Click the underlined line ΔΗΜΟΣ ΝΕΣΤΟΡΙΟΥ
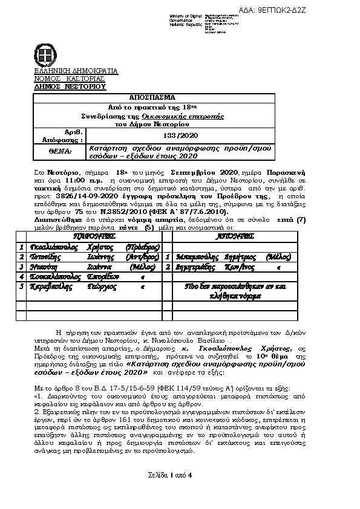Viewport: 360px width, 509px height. click(69, 86)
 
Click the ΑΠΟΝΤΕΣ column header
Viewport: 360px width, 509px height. click(231, 236)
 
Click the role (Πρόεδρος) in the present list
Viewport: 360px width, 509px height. click(143, 247)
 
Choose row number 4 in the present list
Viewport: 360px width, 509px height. click(21, 276)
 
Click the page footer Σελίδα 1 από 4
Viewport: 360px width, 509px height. click(169, 474)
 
